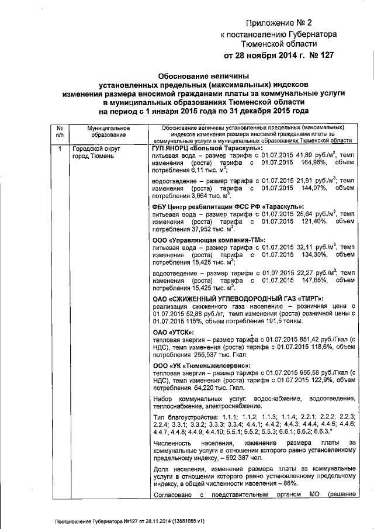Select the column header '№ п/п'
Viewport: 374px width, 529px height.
[59, 132]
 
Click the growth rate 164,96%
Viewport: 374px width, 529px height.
[307, 164]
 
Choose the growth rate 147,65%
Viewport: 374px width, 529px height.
[307, 281]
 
